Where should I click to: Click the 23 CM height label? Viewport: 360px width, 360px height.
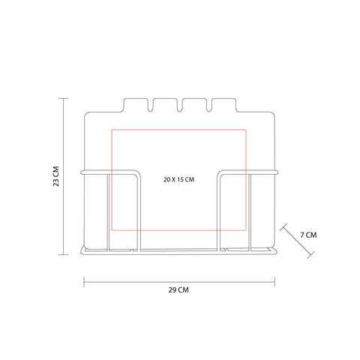point(56,176)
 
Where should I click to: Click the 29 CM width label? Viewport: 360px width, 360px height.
point(178,290)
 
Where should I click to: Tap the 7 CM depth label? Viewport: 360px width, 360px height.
point(308,235)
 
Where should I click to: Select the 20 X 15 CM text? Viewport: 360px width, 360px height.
point(179,179)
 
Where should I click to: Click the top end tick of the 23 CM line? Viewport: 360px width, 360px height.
point(63,98)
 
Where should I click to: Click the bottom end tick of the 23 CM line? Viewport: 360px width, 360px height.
point(63,255)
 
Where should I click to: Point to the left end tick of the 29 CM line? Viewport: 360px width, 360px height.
point(84,282)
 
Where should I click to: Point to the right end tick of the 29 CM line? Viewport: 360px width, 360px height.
point(275,282)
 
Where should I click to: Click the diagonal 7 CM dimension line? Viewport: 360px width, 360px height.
point(297,241)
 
